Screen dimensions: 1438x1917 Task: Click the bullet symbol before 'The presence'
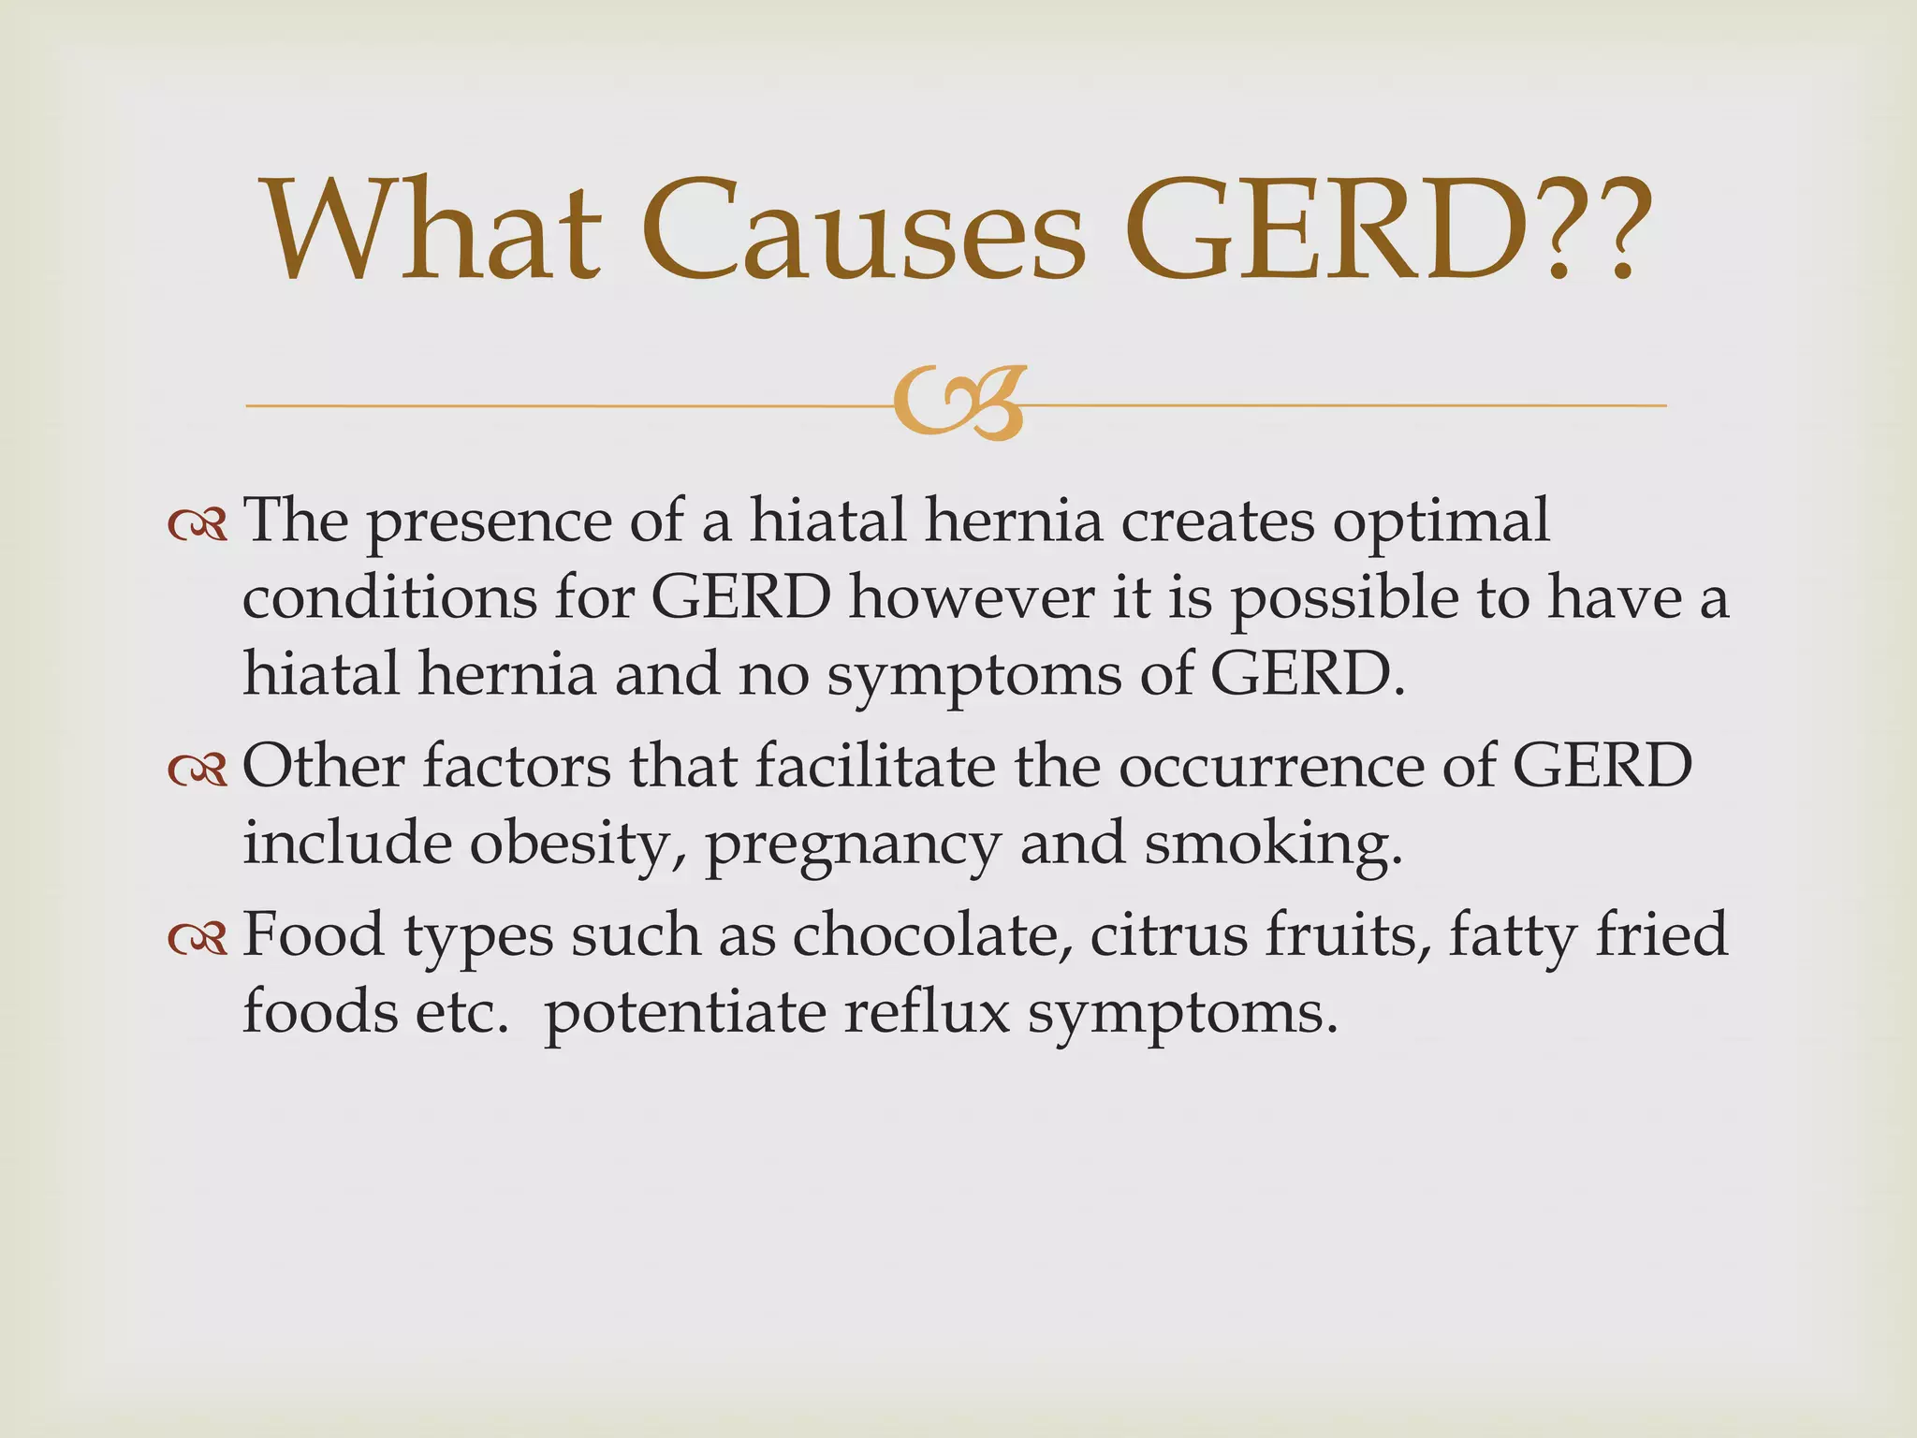coord(198,526)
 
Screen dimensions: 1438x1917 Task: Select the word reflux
coord(927,1012)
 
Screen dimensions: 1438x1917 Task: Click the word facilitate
coord(875,767)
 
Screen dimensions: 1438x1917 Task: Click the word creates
coord(1218,521)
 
